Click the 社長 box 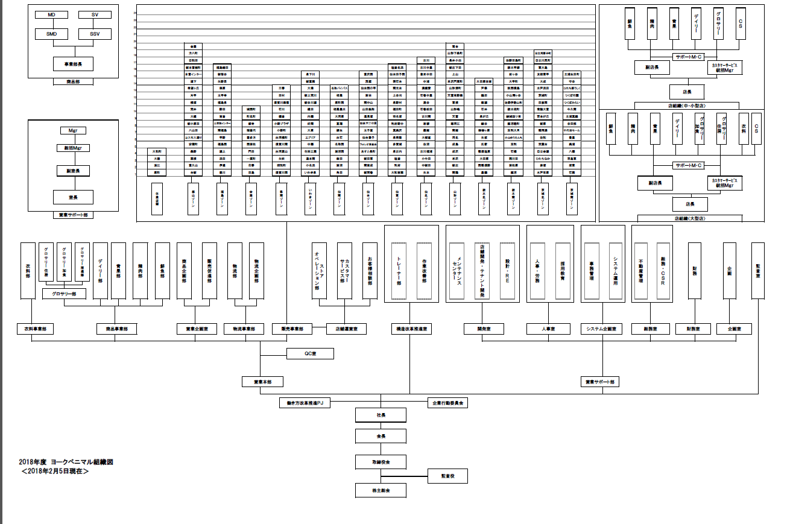click(x=381, y=415)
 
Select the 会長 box click(x=381, y=435)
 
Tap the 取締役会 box click(x=381, y=462)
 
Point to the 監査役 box click(x=447, y=476)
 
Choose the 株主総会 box click(x=381, y=491)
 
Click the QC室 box click(x=310, y=354)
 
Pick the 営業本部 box click(x=262, y=382)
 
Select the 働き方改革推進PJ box click(x=305, y=402)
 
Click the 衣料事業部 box click(x=35, y=329)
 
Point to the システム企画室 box click(x=601, y=329)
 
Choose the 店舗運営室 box click(x=346, y=329)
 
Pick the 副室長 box click(x=73, y=171)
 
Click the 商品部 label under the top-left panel click(x=73, y=81)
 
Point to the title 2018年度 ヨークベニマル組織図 click(x=66, y=462)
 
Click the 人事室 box click(x=548, y=329)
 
